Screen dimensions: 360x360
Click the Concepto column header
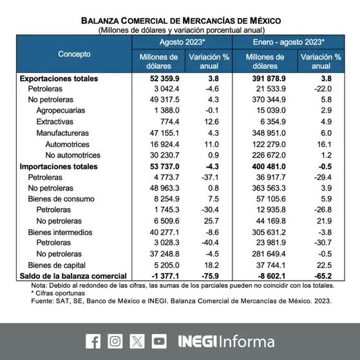[74, 54]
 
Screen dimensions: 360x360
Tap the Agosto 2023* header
[182, 42]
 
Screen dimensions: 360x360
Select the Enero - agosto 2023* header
[289, 42]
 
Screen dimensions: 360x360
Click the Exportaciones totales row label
[59, 79]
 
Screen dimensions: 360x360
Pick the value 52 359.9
[165, 79]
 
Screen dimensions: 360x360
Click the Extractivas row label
[55, 122]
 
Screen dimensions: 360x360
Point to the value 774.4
[169, 122]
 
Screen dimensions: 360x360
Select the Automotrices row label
[67, 144]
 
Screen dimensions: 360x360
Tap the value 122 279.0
[269, 144]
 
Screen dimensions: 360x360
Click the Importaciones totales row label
[59, 166]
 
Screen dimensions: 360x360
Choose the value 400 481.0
[269, 166]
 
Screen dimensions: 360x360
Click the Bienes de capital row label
[57, 265]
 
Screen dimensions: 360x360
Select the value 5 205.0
[167, 265]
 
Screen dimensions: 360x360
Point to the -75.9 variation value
[210, 276]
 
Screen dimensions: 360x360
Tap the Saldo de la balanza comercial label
[73, 276]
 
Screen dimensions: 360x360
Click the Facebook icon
[93, 341]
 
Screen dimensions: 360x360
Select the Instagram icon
[115, 341]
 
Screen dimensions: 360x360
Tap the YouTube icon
[159, 341]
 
